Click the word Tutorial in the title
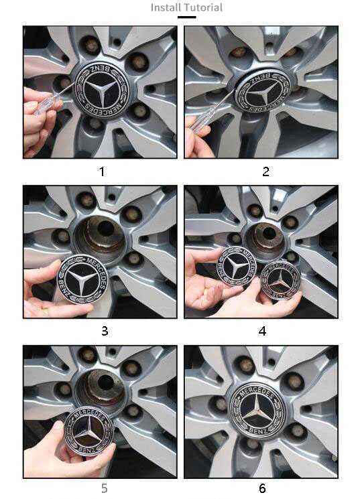[x=202, y=7]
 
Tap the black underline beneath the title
[x=186, y=17]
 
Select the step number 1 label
[x=102, y=171]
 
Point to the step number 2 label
[x=265, y=171]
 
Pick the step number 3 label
[x=104, y=331]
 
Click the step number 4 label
[x=263, y=331]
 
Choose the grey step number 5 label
[x=104, y=488]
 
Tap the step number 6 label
[x=263, y=488]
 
